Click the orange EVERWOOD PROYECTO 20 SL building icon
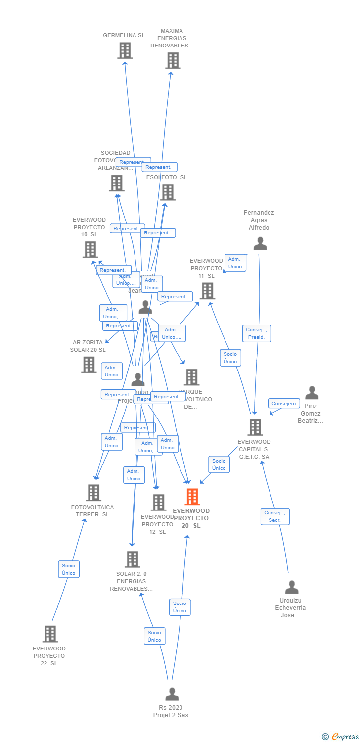[192, 497]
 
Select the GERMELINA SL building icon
[125, 50]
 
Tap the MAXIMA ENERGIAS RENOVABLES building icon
[172, 61]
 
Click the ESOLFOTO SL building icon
[168, 192]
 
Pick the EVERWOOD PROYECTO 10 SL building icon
[90, 250]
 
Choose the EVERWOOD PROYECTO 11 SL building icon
[207, 291]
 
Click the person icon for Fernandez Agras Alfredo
[260, 244]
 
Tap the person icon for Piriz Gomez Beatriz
[312, 393]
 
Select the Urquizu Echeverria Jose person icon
[292, 587]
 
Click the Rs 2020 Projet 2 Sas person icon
[172, 694]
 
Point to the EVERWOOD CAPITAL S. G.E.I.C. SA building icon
[255, 427]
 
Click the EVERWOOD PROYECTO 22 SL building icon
[50, 634]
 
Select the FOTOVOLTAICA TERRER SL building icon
[93, 493]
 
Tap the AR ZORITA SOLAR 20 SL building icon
[89, 365]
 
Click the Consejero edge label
[284, 404]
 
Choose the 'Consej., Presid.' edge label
[257, 333]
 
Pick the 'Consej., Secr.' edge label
[275, 516]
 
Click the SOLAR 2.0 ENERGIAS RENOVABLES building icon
[132, 559]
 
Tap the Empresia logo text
[345, 737]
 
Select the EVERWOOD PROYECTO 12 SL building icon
[158, 503]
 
